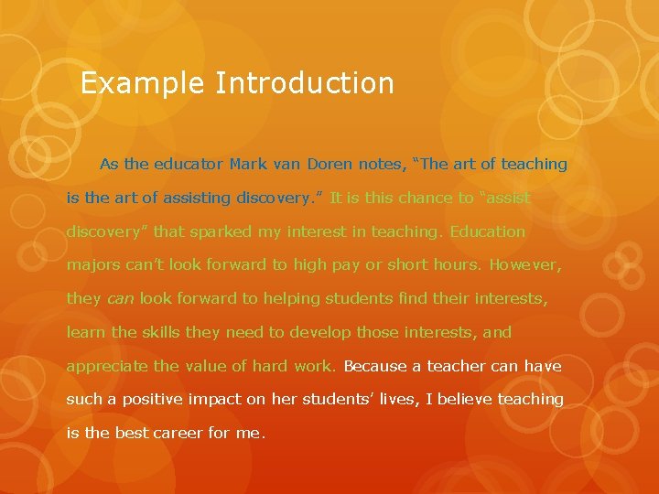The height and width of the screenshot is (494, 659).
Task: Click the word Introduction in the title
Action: point(305,84)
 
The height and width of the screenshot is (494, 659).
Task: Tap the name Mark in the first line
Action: point(247,165)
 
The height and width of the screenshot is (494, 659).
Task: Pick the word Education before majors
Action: point(487,232)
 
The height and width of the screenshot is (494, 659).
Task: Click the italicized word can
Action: point(121,299)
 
